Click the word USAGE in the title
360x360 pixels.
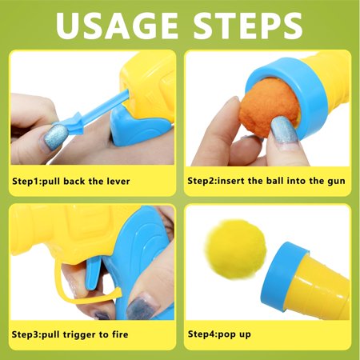click(x=117, y=26)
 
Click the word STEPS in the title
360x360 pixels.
click(x=248, y=26)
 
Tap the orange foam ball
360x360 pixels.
click(x=268, y=107)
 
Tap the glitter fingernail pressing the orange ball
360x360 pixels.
click(x=283, y=130)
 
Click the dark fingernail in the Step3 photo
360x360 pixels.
click(x=139, y=305)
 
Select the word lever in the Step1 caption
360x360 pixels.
click(x=118, y=182)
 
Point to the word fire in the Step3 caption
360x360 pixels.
click(x=120, y=334)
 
